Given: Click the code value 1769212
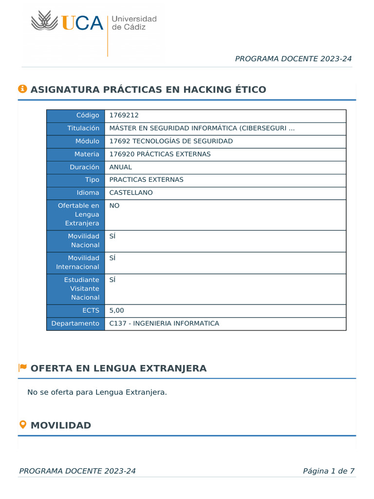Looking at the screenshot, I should [x=124, y=115].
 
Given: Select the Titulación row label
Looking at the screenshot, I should [x=83, y=128].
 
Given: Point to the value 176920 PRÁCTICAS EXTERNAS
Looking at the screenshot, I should [x=160, y=154].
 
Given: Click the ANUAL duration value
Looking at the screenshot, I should [x=120, y=167].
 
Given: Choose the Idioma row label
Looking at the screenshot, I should [x=88, y=192].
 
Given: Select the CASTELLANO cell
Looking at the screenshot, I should [x=131, y=192].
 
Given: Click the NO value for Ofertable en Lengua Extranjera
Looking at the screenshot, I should [x=114, y=206].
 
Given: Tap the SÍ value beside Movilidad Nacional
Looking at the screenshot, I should [x=112, y=236].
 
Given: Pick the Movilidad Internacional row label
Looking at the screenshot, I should [x=77, y=262].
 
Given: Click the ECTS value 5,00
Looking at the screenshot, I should [x=117, y=310].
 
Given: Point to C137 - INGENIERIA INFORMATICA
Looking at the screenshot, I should [x=164, y=323].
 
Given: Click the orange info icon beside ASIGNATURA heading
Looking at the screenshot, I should [x=22, y=89].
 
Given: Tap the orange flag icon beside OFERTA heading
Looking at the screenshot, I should [x=22, y=367].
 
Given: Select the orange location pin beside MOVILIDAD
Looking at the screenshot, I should [x=22, y=424].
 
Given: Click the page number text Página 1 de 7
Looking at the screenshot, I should [x=328, y=471].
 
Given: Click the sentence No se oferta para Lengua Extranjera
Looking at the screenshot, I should [x=97, y=392].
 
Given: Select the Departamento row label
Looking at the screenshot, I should [x=75, y=323].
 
